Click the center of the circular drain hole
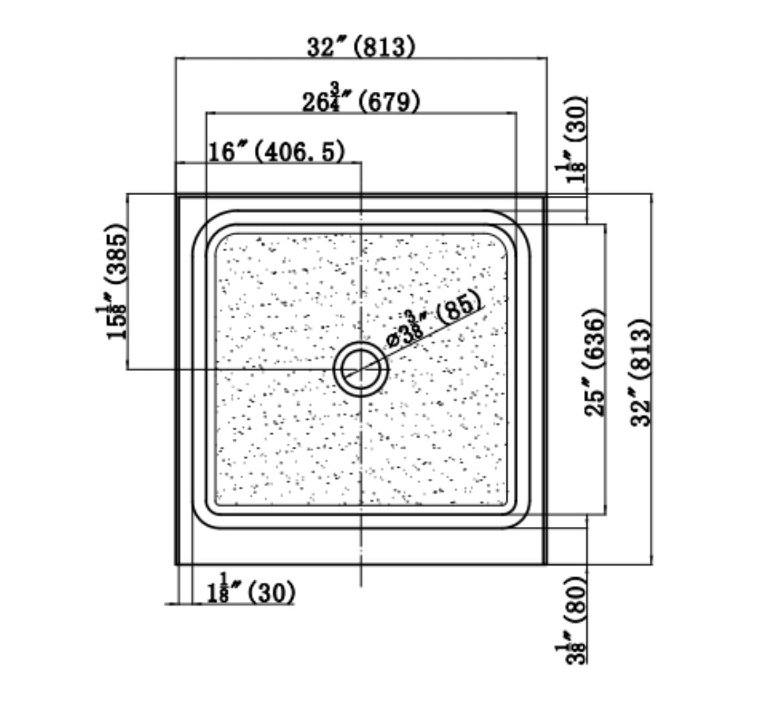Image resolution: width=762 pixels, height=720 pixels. (x=361, y=370)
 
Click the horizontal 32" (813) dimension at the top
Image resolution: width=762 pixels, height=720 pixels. (x=361, y=47)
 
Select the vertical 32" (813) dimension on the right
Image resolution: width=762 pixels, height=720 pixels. (x=640, y=372)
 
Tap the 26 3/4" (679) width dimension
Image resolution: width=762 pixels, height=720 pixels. (x=361, y=101)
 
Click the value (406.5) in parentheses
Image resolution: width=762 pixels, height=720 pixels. (x=300, y=152)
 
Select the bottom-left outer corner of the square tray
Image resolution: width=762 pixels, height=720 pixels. (x=176, y=564)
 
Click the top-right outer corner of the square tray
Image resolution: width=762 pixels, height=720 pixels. (x=546, y=195)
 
